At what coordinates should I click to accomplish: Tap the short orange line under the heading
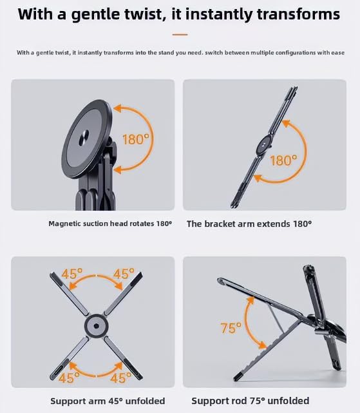180,35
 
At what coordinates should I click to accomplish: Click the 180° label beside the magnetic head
136,139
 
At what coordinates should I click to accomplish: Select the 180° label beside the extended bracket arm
283,160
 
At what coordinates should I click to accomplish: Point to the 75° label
231,328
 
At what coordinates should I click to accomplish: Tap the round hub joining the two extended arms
264,145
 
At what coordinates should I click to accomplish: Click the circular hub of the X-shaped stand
96,326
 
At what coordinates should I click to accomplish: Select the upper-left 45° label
72,274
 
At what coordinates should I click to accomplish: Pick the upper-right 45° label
124,274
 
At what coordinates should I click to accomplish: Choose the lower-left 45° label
69,378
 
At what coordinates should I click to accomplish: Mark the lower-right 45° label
121,378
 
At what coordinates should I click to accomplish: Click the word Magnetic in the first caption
65,224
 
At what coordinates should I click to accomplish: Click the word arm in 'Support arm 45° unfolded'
97,401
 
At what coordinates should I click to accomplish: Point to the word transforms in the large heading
298,14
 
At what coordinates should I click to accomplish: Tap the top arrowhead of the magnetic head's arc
117,108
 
